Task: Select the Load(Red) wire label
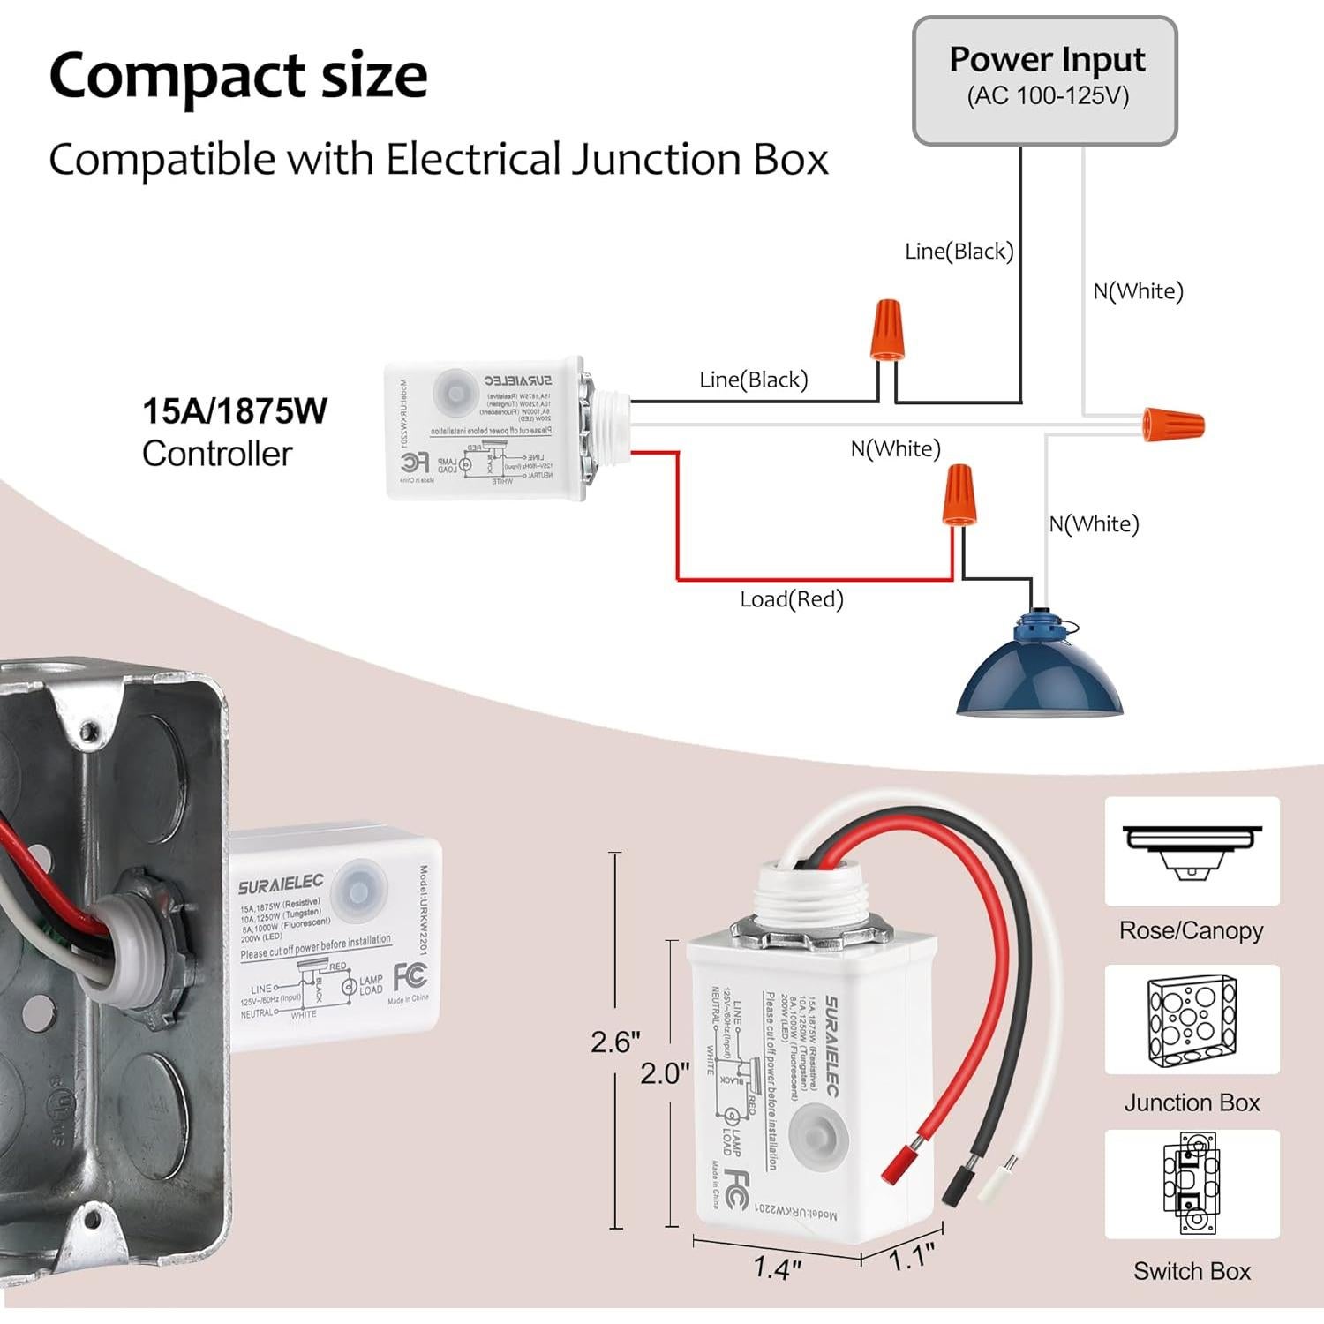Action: coord(792,599)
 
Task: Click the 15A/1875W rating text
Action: coord(235,411)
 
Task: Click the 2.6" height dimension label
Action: coord(615,1042)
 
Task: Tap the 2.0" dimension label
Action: coord(665,1073)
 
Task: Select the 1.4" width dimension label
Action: coord(777,1268)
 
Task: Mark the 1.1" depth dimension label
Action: coord(911,1256)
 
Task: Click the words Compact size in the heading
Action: coord(238,76)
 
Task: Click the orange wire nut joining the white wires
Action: coord(1173,424)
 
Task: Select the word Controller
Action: coord(217,454)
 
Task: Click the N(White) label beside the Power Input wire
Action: coord(1138,291)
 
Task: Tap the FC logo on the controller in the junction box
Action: coord(410,975)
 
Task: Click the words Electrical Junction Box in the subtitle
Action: coord(607,160)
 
